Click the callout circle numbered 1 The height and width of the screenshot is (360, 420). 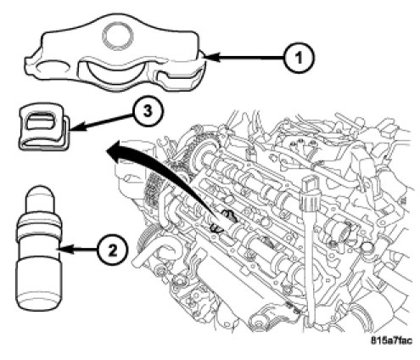coord(299,58)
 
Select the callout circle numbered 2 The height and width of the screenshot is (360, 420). coord(113,250)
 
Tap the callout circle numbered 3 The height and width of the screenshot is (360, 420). coord(148,111)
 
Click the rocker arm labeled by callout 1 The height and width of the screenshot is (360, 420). coord(115,53)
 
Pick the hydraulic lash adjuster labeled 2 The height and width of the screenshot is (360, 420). coord(39,249)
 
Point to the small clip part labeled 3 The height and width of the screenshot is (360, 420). coord(44,127)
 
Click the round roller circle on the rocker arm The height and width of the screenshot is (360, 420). coord(117,36)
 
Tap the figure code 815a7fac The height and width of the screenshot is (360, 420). coord(391,340)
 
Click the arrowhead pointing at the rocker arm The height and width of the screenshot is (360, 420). coord(210,58)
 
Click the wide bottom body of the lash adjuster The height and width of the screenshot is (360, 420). coord(39,284)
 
